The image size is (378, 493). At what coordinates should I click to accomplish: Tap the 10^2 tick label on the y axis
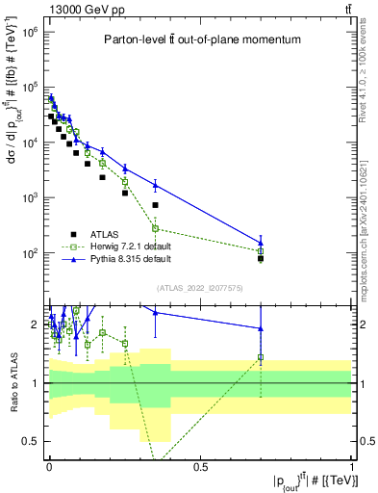26,253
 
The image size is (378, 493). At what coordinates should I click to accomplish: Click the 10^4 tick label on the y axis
26,143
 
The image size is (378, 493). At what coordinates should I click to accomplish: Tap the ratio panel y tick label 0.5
31,441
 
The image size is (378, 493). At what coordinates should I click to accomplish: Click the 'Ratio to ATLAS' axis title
13,383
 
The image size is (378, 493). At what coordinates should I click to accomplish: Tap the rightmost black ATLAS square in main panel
261,258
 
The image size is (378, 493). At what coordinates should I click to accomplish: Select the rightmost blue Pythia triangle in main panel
261,243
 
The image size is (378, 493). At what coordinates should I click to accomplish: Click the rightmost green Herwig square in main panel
261,251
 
